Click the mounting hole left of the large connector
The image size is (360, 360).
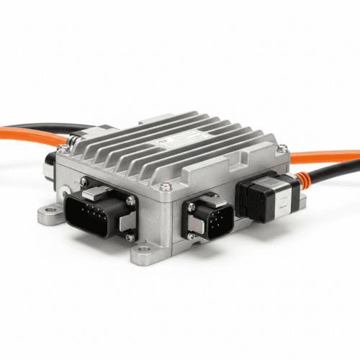click(x=50, y=212)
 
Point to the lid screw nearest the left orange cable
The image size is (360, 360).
click(x=65, y=148)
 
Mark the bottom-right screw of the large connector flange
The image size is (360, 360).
click(x=130, y=236)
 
